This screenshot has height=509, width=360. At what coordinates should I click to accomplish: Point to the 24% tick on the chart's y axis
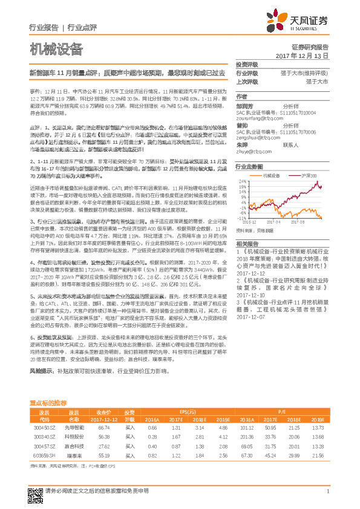pos(241,180)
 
